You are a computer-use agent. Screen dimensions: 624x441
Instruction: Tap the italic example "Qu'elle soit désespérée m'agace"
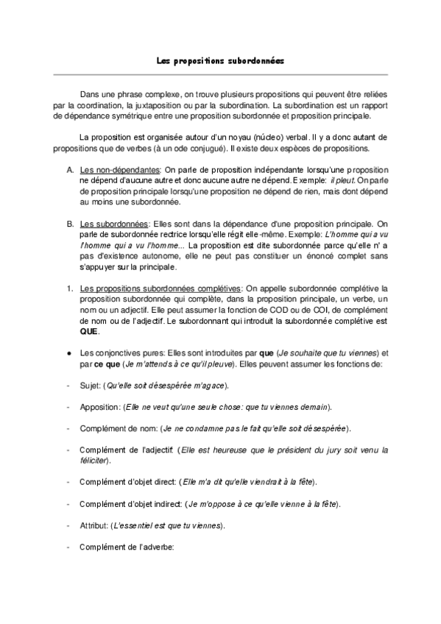click(x=166, y=385)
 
